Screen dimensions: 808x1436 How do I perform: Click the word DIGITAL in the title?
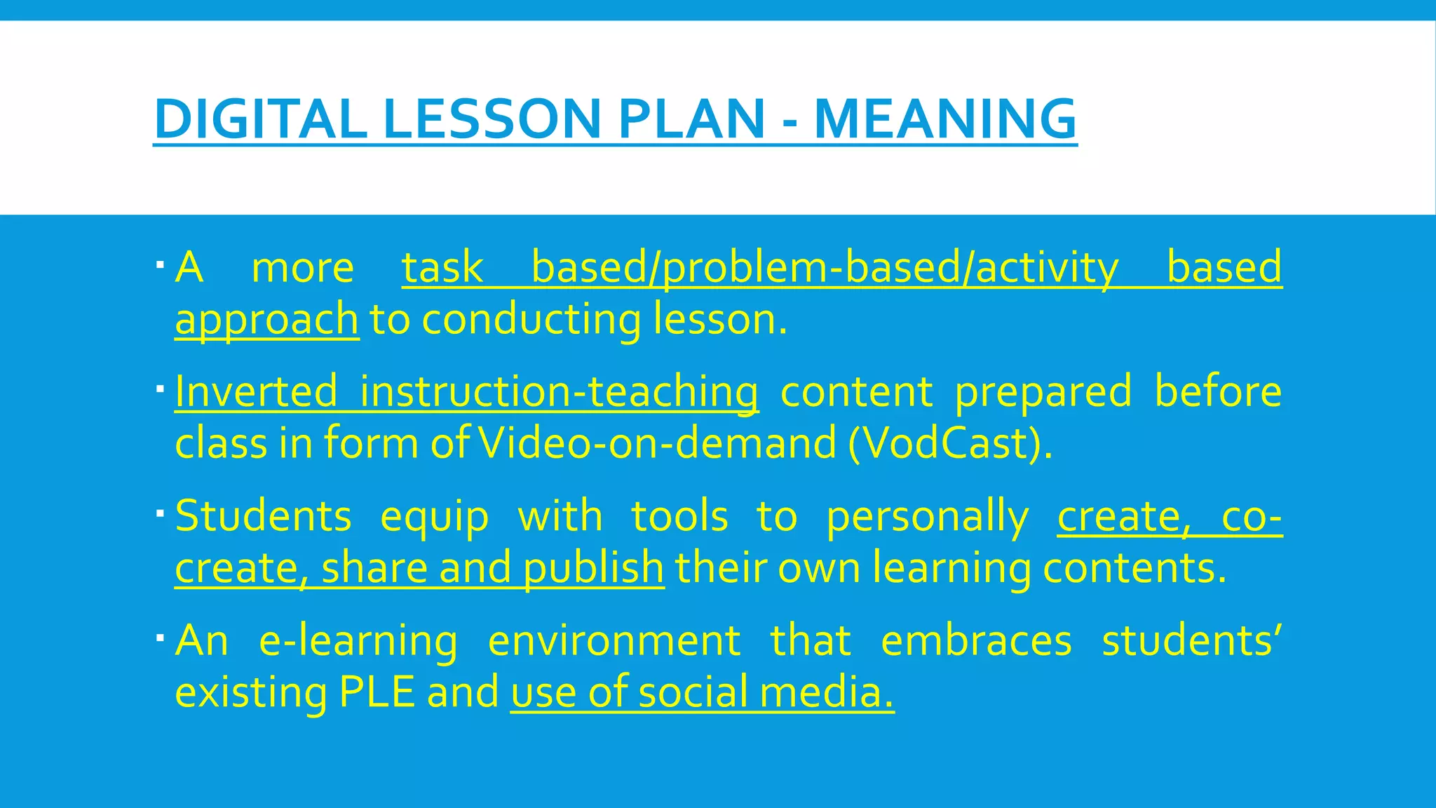[260, 119]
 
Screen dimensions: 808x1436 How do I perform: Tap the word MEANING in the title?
[944, 119]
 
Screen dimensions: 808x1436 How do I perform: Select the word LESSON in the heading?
[492, 119]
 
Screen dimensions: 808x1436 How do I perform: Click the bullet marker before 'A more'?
[161, 265]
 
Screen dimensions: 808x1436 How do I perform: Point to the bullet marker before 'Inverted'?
[161, 389]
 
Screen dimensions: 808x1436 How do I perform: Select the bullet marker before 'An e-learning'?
[161, 638]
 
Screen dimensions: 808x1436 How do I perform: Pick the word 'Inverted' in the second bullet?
[256, 391]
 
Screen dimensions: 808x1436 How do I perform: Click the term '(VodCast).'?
[950, 444]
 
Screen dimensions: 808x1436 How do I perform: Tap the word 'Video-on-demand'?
[657, 444]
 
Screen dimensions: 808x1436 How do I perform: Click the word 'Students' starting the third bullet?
[263, 516]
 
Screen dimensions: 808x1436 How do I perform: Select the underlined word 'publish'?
[593, 568]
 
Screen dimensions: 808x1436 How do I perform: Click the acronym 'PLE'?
[377, 692]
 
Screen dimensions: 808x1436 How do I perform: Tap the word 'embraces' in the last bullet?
[976, 640]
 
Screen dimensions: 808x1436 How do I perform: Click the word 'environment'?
[614, 640]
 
